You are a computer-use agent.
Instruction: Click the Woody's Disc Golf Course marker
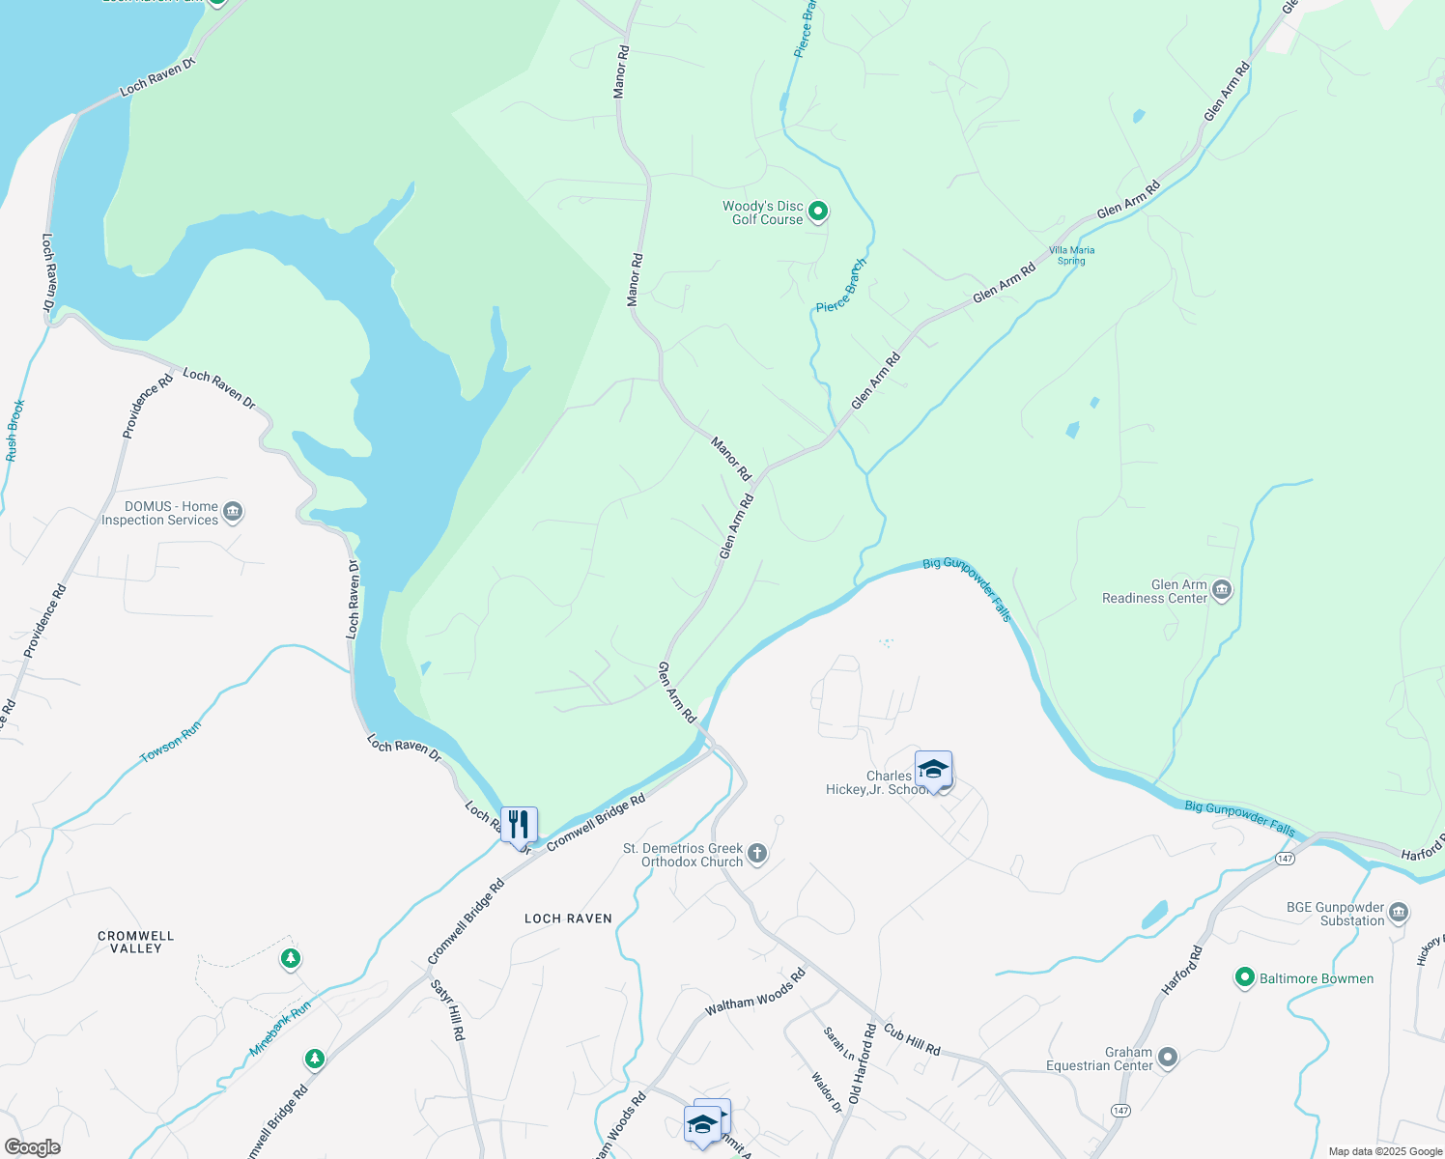pos(818,212)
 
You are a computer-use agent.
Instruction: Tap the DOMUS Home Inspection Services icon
pos(233,512)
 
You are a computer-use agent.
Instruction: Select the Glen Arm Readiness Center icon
pos(1222,590)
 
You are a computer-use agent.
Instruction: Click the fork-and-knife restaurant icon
pos(520,825)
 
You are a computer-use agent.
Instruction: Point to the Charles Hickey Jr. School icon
pos(933,770)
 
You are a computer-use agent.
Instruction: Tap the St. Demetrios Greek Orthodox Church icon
pos(757,854)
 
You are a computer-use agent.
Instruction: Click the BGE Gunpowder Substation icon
pos(1398,913)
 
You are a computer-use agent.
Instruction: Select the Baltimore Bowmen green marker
pos(1245,978)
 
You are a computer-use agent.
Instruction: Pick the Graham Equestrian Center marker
pos(1168,1058)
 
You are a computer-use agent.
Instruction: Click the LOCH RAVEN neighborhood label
pos(568,919)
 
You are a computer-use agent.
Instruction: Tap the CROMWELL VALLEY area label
pos(136,942)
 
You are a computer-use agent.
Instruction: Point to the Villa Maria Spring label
pos(1071,255)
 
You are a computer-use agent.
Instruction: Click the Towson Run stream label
pos(171,742)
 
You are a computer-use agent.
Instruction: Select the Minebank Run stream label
pos(280,1028)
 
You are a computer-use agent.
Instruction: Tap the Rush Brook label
pos(14,430)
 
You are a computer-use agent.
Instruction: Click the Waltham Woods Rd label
pos(754,993)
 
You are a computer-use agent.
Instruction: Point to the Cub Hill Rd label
pos(912,1039)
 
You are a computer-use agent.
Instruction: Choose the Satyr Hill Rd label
pos(448,1009)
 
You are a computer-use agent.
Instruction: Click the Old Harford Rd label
pos(863,1064)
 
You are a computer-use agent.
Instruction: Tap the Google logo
pos(32,1147)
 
